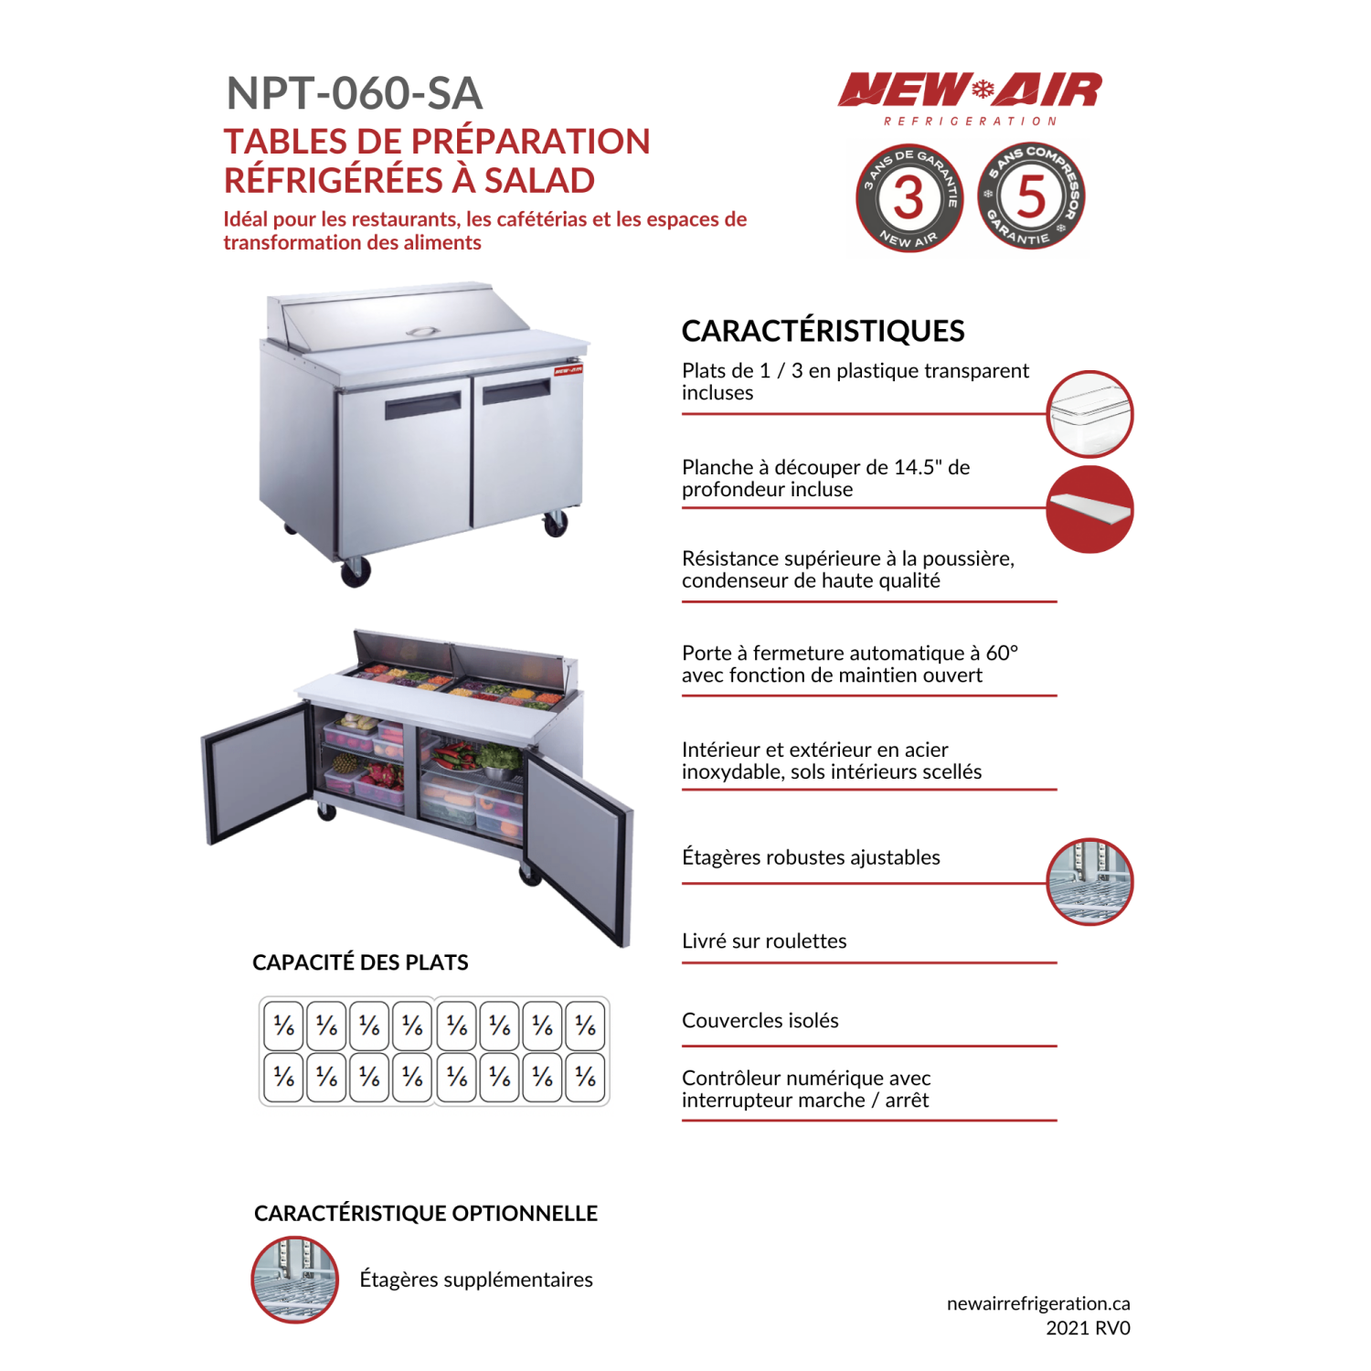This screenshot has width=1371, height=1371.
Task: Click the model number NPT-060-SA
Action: click(x=354, y=93)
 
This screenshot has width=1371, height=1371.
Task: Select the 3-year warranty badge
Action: click(x=909, y=197)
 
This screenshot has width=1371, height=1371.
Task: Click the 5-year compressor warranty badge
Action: click(x=1031, y=197)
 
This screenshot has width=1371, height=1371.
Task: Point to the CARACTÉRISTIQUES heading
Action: click(x=823, y=331)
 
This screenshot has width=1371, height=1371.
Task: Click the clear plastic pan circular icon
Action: click(x=1089, y=414)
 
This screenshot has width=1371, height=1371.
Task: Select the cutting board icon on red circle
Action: click(x=1089, y=509)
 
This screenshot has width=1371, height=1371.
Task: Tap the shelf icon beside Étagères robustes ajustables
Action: click(x=1089, y=882)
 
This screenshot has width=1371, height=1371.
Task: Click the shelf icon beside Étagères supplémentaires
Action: click(x=294, y=1280)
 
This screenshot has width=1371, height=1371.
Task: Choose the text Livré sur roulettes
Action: click(x=764, y=941)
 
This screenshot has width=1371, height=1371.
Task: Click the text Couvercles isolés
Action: click(x=760, y=1021)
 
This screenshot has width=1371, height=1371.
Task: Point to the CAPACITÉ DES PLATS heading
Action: click(x=360, y=962)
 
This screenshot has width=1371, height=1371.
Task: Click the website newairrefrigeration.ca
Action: click(x=1037, y=1303)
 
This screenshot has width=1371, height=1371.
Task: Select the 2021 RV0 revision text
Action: click(x=1088, y=1328)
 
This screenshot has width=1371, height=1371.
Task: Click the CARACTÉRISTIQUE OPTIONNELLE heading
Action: click(x=426, y=1214)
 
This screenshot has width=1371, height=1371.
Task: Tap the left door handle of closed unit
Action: click(x=422, y=406)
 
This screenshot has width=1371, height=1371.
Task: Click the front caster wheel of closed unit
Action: click(x=355, y=572)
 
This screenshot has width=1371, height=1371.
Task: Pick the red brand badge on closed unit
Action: click(x=568, y=370)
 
